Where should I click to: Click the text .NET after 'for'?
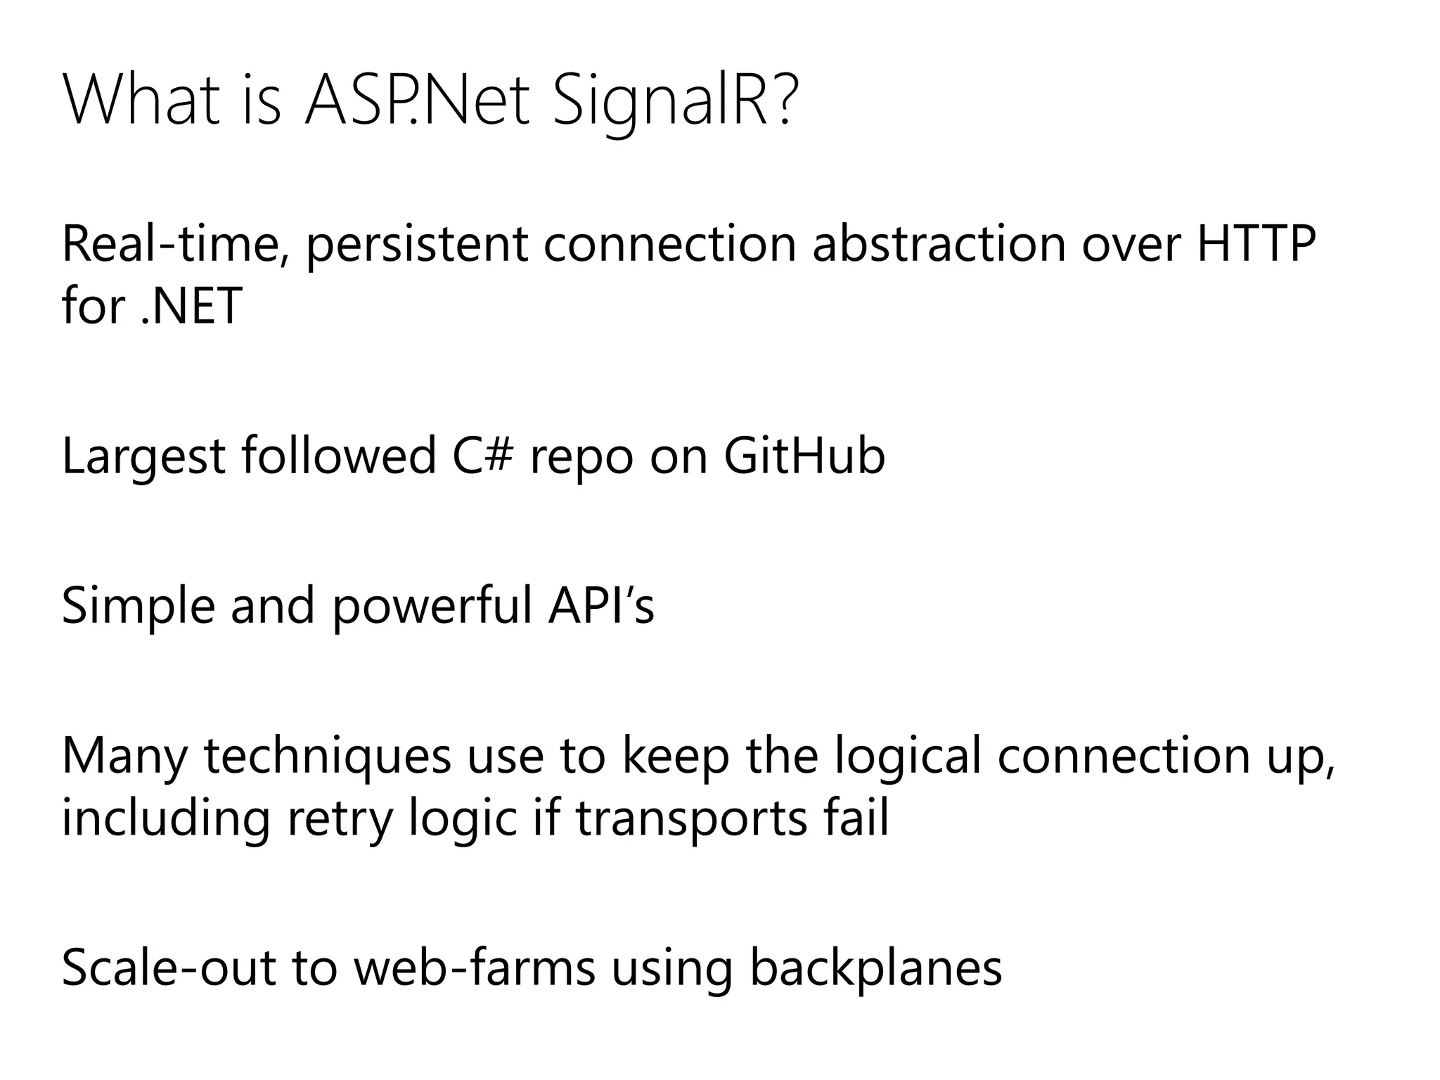click(192, 307)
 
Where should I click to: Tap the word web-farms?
click(474, 967)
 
